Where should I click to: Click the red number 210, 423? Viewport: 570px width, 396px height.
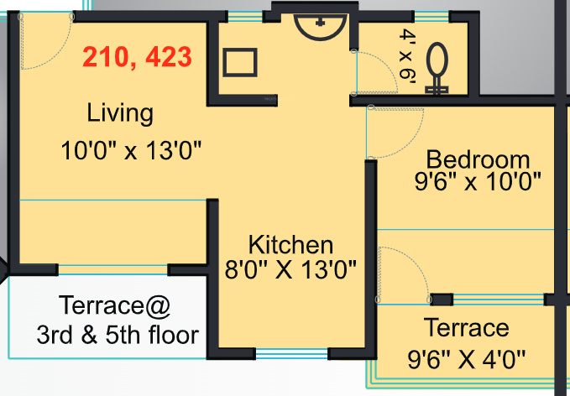(x=137, y=58)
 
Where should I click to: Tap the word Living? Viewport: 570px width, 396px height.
(x=120, y=112)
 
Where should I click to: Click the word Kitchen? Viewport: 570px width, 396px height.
(x=290, y=245)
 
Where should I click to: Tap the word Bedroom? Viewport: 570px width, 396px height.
(x=478, y=159)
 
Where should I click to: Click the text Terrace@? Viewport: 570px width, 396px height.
(x=114, y=306)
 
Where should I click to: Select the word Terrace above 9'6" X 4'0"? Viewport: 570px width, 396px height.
(x=466, y=327)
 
